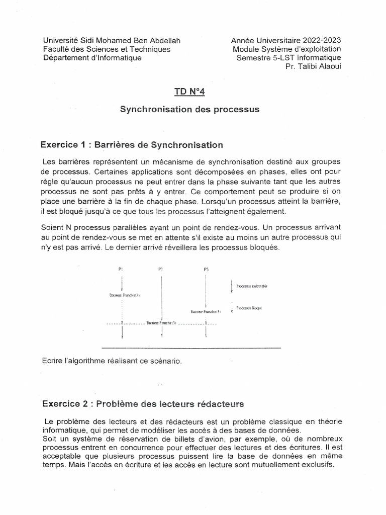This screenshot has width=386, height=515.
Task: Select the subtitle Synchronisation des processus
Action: [189, 110]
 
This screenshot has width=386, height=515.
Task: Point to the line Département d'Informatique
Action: [92, 57]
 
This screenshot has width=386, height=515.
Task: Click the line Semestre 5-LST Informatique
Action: [288, 57]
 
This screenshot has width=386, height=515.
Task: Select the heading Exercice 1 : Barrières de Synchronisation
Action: [132, 145]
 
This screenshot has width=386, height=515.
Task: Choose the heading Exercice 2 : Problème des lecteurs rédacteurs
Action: [143, 403]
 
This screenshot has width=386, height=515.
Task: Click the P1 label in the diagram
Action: [121, 270]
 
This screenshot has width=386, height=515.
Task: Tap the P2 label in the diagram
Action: [161, 270]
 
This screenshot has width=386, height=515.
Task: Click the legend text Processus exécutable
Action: [252, 286]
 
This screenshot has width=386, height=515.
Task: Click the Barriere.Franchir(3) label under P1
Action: [121, 295]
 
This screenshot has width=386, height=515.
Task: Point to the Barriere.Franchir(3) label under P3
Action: [206, 312]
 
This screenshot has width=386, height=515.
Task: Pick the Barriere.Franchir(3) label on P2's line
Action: [161, 323]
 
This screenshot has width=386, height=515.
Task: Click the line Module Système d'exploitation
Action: [286, 49]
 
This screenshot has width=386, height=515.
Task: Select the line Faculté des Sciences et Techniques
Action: [107, 49]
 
